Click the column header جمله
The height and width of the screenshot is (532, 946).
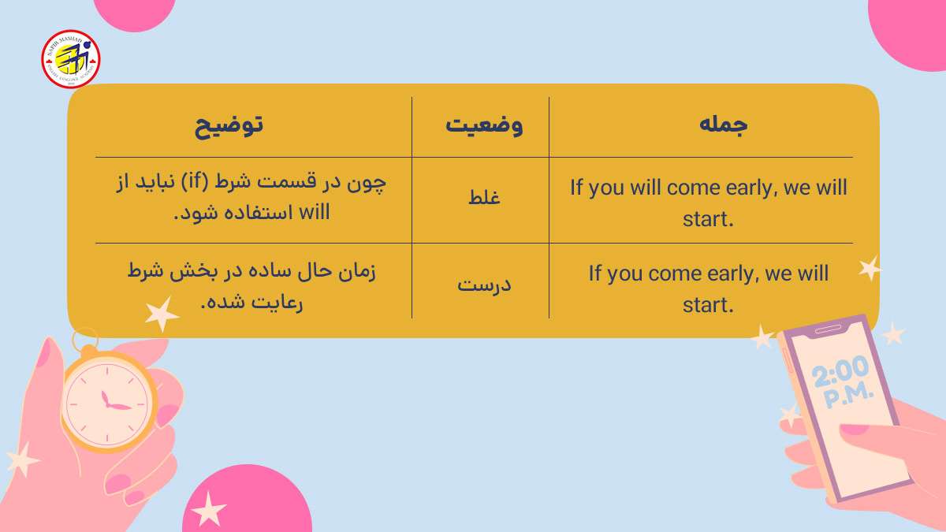tap(723, 126)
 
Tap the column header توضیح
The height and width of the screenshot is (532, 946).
tap(229, 126)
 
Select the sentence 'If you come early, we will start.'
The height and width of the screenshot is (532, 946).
tap(708, 288)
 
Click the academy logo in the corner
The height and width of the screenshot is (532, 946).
tap(71, 59)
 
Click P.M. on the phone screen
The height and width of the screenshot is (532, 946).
tap(849, 394)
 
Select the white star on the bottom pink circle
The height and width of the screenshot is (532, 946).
tap(208, 508)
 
